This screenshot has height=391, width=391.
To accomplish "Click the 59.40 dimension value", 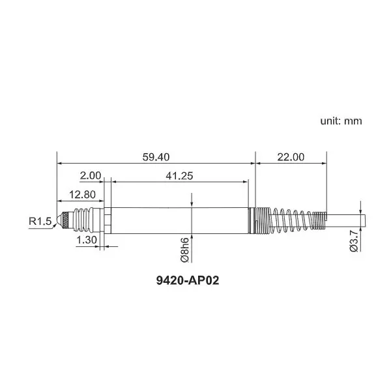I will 155,157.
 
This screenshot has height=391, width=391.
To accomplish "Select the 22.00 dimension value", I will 290,157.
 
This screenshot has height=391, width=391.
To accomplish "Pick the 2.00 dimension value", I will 90,175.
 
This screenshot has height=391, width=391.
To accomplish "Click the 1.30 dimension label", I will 87,240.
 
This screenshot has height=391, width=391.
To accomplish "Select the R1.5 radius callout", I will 40,222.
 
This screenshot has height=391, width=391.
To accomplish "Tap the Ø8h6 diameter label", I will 184,250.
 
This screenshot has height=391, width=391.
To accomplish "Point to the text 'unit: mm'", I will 341,121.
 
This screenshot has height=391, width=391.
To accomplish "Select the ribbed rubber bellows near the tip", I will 81,220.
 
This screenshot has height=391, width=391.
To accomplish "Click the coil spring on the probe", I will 290,220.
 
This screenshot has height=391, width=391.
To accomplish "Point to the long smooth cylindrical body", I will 179,220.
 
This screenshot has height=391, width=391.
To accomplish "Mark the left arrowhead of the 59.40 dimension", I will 61,163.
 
